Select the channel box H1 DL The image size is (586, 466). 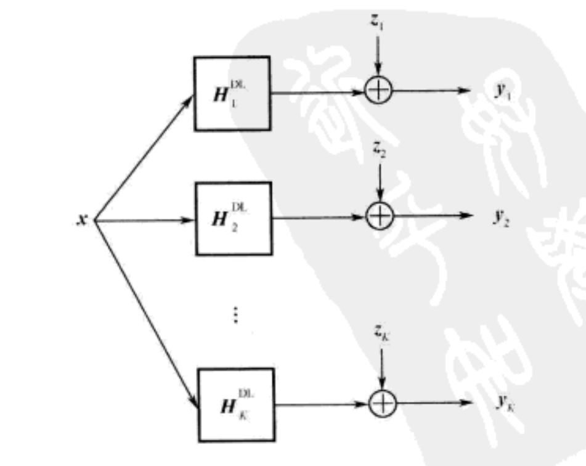(232, 93)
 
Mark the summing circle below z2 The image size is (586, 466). (380, 216)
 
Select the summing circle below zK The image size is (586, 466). (383, 404)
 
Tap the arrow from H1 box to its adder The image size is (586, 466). (318, 92)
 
